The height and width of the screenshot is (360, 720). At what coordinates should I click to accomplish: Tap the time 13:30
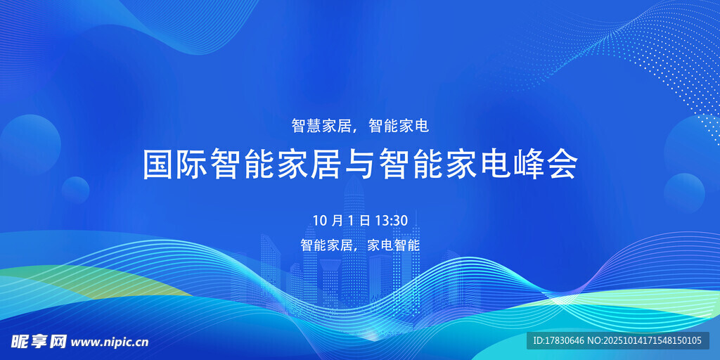[x=391, y=220]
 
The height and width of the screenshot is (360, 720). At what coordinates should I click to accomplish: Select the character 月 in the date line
[x=336, y=220]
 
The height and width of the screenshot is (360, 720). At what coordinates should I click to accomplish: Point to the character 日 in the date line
[x=365, y=220]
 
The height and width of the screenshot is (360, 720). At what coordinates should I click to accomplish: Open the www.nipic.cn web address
[x=110, y=342]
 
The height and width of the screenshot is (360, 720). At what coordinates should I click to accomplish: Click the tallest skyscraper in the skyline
[x=354, y=243]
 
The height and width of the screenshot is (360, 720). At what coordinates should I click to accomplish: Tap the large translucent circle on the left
[x=30, y=145]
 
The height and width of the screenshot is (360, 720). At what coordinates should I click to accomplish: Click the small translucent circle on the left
[x=75, y=190]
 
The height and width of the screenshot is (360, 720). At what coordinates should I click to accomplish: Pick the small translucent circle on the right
[x=684, y=193]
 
